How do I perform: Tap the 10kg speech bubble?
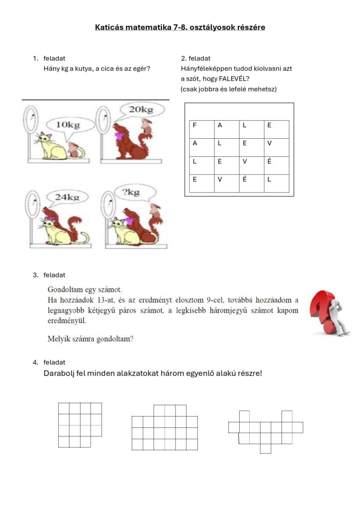[x=69, y=125]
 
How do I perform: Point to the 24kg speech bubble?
[x=68, y=197]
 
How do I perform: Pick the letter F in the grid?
[x=195, y=125]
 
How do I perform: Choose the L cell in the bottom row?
[x=269, y=180]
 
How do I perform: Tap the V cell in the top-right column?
[x=269, y=143]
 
